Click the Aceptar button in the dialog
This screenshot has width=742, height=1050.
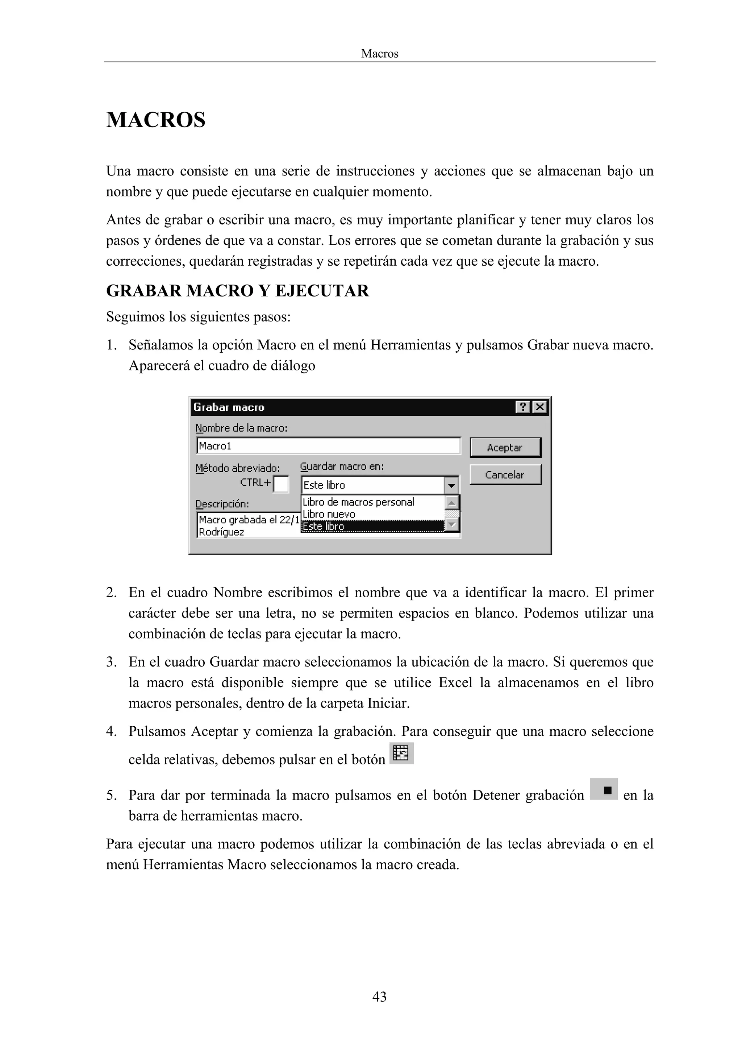(x=505, y=448)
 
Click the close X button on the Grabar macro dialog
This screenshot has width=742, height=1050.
(x=540, y=407)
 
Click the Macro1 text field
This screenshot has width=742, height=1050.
(x=328, y=446)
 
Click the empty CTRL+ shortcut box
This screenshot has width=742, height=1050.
(x=281, y=484)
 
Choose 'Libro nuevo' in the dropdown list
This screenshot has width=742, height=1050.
(x=329, y=514)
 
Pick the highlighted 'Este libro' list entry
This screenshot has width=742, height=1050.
(x=323, y=526)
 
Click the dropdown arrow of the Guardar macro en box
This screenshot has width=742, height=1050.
(x=451, y=485)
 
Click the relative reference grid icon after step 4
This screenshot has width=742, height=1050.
(x=401, y=753)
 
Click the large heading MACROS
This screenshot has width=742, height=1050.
(x=156, y=120)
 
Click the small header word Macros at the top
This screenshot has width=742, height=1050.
(x=379, y=54)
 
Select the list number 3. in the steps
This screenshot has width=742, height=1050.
(x=111, y=662)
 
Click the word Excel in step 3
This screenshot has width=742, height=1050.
(x=455, y=682)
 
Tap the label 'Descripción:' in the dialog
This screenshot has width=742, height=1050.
(x=222, y=504)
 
